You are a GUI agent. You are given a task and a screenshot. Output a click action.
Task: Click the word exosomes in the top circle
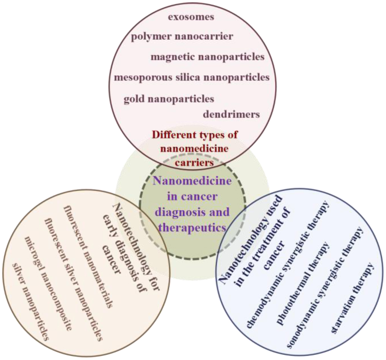point(191,17)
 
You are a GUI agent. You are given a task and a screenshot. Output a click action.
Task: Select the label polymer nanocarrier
point(182,37)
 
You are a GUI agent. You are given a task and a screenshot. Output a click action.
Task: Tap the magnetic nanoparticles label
point(207,57)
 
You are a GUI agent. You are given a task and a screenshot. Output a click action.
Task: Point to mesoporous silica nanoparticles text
point(192,77)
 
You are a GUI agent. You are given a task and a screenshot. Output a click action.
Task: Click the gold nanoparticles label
point(169,99)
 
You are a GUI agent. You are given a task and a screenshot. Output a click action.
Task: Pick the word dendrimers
point(231,114)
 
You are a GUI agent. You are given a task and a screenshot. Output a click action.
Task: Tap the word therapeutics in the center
point(192,227)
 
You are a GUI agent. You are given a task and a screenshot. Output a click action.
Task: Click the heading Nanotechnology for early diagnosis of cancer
point(129,244)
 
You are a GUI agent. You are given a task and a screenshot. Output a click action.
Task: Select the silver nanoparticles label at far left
point(30,301)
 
